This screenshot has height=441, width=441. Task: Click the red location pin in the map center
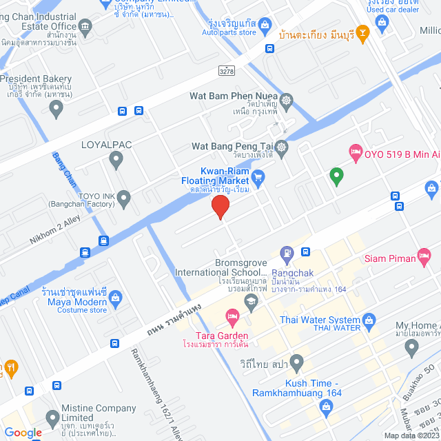click(x=220, y=207)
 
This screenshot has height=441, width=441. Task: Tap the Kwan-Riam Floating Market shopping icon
click(x=258, y=179)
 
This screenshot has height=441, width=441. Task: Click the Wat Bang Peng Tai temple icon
click(x=281, y=146)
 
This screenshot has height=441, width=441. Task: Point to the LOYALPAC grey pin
click(x=116, y=161)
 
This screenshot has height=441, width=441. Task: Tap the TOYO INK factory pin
click(x=124, y=200)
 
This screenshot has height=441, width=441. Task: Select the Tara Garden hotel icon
click(x=232, y=318)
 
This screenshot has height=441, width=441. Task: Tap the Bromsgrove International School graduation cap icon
click(x=252, y=300)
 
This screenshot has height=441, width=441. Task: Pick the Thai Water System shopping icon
click(x=369, y=320)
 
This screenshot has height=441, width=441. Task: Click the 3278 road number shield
click(x=226, y=70)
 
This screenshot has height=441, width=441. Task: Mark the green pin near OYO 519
click(x=336, y=176)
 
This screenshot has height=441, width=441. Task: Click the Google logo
click(x=23, y=433)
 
